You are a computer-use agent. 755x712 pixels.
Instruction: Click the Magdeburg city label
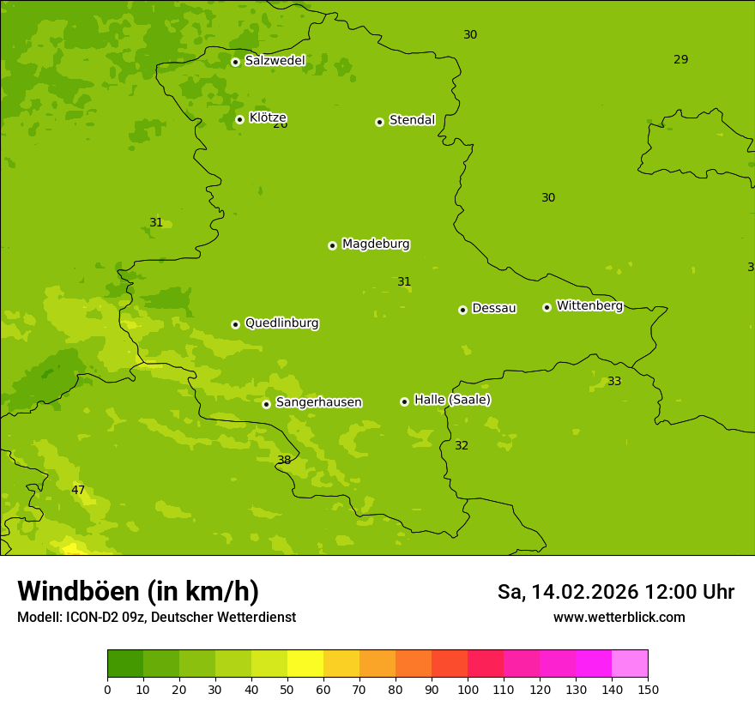point(376,244)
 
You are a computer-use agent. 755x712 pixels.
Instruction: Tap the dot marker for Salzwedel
point(235,62)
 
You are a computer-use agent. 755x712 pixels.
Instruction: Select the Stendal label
point(412,120)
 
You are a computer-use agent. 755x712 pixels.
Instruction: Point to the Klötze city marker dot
point(239,119)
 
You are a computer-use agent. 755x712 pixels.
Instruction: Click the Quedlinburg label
point(281,323)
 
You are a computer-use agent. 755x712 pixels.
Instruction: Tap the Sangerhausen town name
point(318,402)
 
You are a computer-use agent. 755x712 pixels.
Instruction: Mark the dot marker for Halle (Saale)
point(404,401)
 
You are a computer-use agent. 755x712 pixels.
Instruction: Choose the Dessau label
point(494,308)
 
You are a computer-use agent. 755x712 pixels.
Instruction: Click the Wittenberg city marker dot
point(547,307)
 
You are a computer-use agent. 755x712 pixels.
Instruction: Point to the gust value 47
point(78,491)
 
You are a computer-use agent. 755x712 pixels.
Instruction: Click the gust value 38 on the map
point(284,461)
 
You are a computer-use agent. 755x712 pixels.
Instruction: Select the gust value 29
point(680,60)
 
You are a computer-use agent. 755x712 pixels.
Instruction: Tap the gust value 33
point(614,382)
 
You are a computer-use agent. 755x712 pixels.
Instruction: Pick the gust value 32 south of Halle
point(462,446)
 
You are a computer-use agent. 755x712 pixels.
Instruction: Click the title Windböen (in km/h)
point(138,591)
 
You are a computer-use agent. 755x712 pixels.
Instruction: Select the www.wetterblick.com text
point(619,618)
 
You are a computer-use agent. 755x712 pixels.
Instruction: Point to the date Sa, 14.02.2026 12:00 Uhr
point(615,592)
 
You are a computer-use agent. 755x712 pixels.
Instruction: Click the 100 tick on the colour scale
point(468,689)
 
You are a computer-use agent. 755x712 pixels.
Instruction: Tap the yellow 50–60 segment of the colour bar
point(305,663)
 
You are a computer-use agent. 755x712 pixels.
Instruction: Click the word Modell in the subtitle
point(39,618)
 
